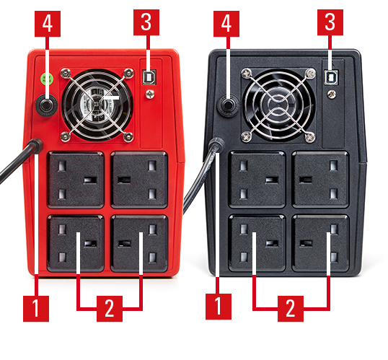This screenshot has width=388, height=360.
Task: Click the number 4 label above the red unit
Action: [48, 24]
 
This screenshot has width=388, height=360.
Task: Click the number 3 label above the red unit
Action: [146, 22]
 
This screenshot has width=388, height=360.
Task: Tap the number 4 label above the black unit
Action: [226, 24]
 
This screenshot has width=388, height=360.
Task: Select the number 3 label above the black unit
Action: [330, 22]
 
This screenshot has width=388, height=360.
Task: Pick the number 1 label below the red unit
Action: [36, 309]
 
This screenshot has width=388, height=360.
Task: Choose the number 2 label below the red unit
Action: [110, 309]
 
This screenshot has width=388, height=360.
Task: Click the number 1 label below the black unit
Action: [219, 307]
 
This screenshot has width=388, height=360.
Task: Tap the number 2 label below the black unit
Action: [291, 309]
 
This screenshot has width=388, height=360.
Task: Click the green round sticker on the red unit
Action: [47, 79]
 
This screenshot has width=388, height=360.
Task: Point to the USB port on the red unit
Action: [149, 77]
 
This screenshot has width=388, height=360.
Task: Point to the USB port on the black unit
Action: [331, 77]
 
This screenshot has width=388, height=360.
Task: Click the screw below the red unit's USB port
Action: [150, 94]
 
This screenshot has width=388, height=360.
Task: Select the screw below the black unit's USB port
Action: [331, 94]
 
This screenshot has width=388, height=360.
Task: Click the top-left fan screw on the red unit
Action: [66, 74]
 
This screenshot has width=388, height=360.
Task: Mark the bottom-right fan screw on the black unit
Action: [310, 136]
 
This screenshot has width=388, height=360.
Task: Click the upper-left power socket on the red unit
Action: [76, 180]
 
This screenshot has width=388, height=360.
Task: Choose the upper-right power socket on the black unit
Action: [321, 180]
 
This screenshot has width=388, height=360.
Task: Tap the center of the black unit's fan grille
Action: [278, 105]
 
